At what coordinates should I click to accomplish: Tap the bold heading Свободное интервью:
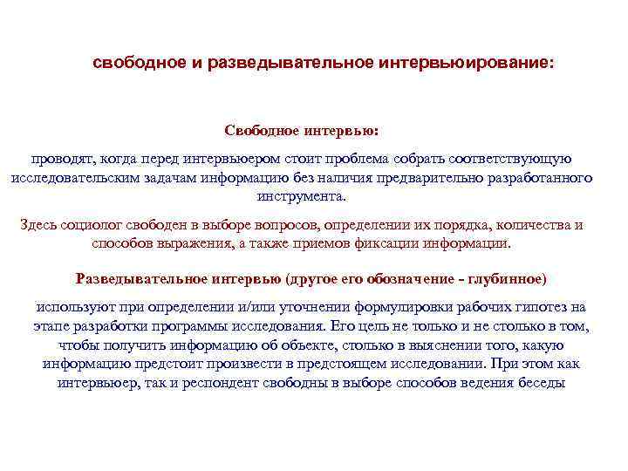coord(301,130)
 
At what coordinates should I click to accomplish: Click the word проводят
coord(62,159)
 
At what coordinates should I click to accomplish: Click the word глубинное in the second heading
coord(507,279)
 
